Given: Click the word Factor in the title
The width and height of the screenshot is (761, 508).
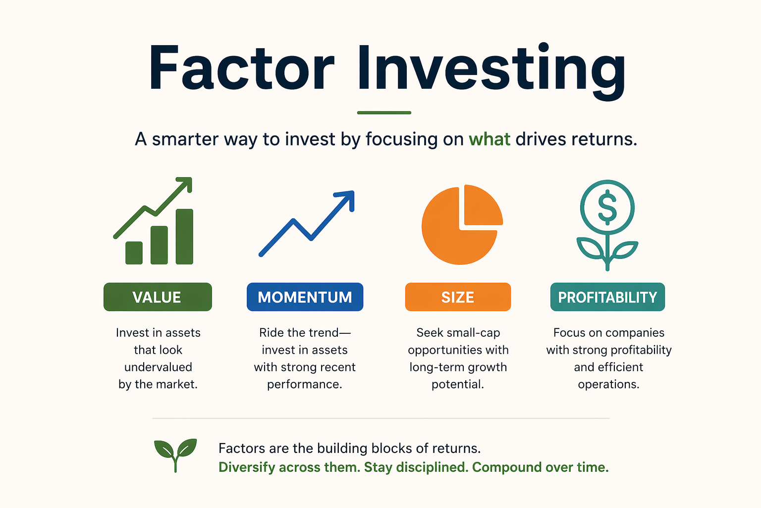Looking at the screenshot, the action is (242, 68).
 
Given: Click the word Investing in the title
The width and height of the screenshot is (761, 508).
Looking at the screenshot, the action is (491, 71).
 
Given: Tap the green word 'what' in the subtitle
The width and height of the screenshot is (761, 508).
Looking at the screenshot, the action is (489, 139).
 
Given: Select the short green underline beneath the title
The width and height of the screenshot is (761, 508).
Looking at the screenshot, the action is (384, 113).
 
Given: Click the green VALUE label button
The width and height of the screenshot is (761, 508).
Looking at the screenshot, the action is (158, 297).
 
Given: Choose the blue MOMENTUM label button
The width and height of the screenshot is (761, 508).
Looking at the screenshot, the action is (305, 297).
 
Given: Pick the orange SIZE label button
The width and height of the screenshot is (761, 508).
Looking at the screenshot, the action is (458, 297).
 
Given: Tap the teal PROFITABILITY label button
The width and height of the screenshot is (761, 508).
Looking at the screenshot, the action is (607, 297).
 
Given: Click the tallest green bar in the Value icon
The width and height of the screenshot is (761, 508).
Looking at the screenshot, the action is (184, 237).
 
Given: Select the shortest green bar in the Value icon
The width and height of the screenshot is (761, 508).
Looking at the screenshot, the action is (134, 253).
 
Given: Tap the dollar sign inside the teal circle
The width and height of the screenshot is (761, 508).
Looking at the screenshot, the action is (607, 207).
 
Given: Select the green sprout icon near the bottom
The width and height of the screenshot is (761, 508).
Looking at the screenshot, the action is (175, 455).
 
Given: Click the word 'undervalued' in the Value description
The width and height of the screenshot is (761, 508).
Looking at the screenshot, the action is (159, 367).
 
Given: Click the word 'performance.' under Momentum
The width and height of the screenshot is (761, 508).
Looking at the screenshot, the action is (304, 385).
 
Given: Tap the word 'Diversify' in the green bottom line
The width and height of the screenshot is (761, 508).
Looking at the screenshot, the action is (247, 467).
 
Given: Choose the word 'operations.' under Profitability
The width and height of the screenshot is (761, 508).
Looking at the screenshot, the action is (608, 385).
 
